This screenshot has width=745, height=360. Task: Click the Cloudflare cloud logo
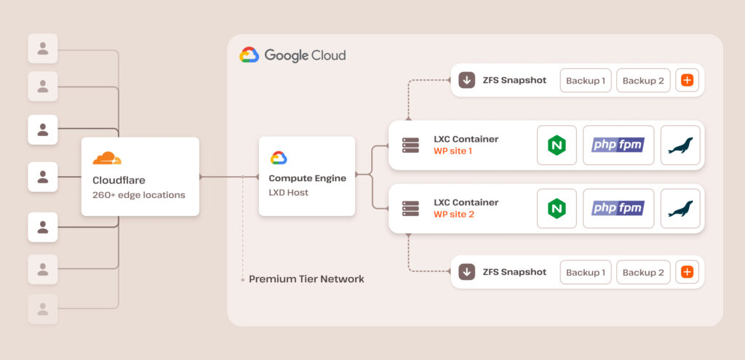pyautogui.click(x=107, y=158)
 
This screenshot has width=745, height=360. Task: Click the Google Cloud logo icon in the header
pyautogui.click(x=250, y=55)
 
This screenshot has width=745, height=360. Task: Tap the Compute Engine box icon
pyautogui.click(x=279, y=158)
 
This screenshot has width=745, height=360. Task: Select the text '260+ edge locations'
pyautogui.click(x=139, y=195)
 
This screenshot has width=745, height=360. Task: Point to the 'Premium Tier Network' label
pyautogui.click(x=306, y=279)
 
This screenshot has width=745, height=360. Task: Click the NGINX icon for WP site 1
pyautogui.click(x=557, y=145)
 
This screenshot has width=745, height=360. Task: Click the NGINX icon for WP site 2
pyautogui.click(x=557, y=209)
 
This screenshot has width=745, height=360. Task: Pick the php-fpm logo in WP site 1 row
pyautogui.click(x=618, y=145)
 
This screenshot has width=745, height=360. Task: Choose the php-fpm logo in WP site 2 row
pyautogui.click(x=618, y=209)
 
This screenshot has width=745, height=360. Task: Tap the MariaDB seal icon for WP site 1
pyautogui.click(x=680, y=145)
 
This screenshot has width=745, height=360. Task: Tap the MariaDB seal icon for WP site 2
pyautogui.click(x=680, y=209)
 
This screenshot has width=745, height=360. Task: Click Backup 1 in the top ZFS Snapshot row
pyautogui.click(x=585, y=81)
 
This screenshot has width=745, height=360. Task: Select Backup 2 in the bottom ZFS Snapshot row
pyautogui.click(x=643, y=273)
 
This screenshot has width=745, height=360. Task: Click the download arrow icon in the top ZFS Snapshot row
pyautogui.click(x=466, y=81)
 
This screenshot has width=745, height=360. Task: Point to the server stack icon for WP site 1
pyautogui.click(x=410, y=145)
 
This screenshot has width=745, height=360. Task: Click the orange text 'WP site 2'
pyautogui.click(x=454, y=215)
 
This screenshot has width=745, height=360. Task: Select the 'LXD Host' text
pyautogui.click(x=289, y=193)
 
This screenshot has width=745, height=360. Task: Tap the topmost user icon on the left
pyautogui.click(x=43, y=49)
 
